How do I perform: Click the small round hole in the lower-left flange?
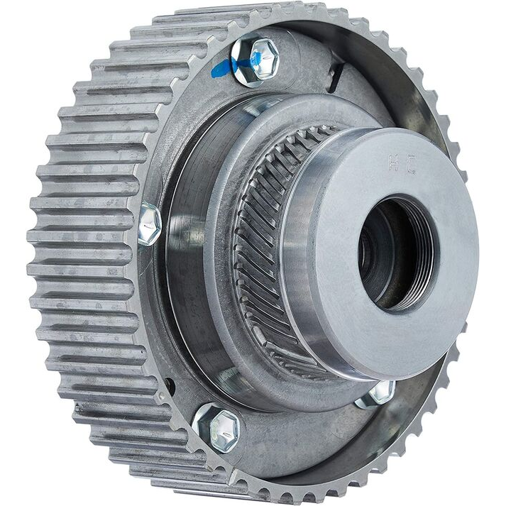[x=169, y=387]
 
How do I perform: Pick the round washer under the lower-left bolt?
[x=206, y=436]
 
